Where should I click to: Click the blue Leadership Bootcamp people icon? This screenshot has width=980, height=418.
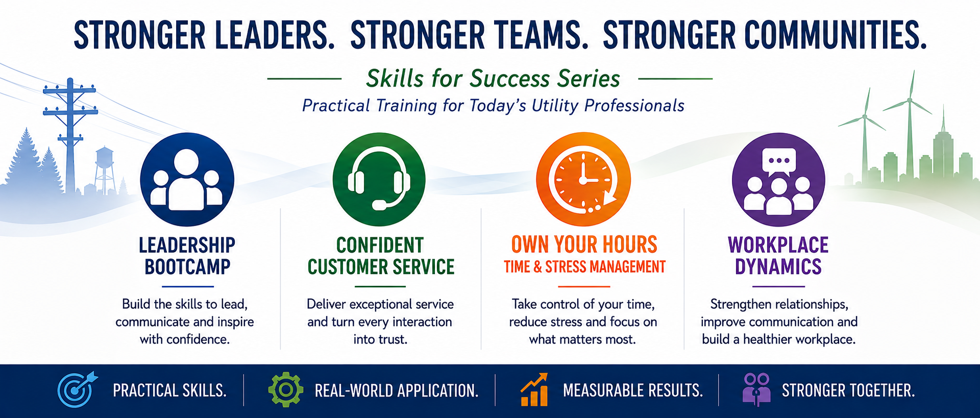tap(187, 179)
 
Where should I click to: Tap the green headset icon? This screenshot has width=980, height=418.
tap(379, 179)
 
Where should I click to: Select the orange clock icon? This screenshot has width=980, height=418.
tap(583, 179)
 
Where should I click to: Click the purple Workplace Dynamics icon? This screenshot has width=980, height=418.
tap(778, 179)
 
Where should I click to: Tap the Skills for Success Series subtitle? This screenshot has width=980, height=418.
tap(493, 79)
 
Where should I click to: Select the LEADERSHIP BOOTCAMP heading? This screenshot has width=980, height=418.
tap(187, 256)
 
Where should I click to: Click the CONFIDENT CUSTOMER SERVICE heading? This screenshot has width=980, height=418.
tap(381, 256)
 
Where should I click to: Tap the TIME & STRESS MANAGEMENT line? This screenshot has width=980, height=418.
tap(585, 266)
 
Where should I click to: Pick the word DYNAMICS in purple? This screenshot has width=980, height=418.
tap(778, 266)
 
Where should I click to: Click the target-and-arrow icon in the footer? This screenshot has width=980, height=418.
tap(77, 389)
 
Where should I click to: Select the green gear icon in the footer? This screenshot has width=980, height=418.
tap(286, 389)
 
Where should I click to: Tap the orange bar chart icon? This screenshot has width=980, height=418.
tap(534, 389)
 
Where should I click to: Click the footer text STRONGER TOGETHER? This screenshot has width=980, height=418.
tap(848, 390)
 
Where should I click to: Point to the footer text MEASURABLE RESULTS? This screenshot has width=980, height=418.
tap(633, 390)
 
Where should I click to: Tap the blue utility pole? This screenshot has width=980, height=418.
tap(70, 135)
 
